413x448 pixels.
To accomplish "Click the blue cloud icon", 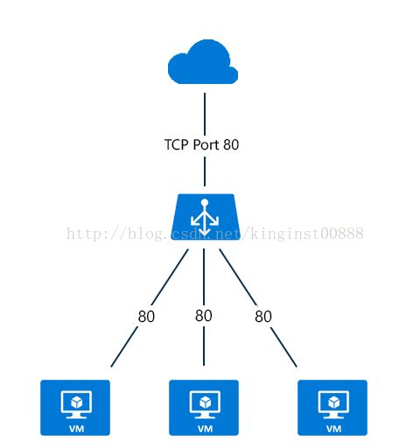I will (203, 63).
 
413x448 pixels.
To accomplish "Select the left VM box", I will (75, 407).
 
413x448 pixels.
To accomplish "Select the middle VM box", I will (204, 407).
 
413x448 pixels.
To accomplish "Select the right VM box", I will (332, 407).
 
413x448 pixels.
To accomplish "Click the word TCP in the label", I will (176, 145).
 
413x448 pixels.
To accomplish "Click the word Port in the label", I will (206, 145).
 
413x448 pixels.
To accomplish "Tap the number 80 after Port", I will (231, 145).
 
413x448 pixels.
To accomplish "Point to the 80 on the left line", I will (146, 317).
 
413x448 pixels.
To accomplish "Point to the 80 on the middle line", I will (204, 316).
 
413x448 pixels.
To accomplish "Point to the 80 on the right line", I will (263, 317).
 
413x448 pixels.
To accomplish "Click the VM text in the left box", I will (76, 429).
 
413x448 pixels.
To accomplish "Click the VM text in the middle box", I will (205, 429).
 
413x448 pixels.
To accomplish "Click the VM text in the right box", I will (333, 429).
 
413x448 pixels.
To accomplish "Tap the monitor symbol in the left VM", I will (76, 403).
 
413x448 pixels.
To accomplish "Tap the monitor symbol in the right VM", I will (333, 403).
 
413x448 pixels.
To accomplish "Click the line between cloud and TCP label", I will (204, 109).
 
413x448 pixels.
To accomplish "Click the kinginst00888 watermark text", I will (306, 234).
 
